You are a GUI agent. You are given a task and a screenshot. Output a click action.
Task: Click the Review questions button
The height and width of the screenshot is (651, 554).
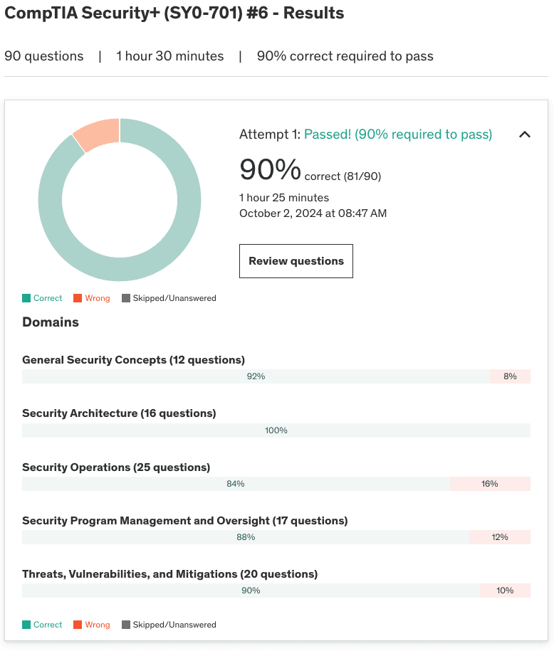tap(296, 261)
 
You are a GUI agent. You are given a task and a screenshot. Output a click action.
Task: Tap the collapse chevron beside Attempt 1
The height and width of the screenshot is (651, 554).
tap(525, 134)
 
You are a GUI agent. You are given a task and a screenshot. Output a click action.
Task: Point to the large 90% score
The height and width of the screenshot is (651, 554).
tap(271, 169)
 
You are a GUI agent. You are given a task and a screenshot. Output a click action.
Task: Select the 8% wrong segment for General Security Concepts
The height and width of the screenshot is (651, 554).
tap(510, 376)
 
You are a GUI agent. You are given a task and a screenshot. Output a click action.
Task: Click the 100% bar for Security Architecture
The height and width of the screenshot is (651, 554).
tap(276, 430)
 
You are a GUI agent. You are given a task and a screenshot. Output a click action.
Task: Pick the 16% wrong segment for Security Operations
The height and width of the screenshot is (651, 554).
tap(490, 484)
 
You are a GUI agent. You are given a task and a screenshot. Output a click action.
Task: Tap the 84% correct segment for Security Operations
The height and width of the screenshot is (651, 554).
tap(236, 484)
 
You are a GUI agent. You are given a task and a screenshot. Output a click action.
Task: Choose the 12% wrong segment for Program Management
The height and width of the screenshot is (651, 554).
tap(500, 537)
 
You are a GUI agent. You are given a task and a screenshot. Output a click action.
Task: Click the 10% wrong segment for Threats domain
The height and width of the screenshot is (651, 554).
tap(505, 591)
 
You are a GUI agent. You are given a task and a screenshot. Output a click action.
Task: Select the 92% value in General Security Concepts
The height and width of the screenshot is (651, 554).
tap(256, 376)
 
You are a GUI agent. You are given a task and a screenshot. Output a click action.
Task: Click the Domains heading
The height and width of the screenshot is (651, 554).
tap(51, 322)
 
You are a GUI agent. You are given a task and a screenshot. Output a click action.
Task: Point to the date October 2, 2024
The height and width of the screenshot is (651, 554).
tap(313, 213)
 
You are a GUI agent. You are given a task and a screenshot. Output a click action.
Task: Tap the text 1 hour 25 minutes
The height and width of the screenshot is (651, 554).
tap(284, 198)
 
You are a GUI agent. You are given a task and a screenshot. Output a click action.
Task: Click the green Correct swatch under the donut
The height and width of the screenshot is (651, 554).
tap(26, 298)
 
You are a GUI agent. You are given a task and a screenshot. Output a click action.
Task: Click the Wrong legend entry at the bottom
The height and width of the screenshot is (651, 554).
tap(92, 625)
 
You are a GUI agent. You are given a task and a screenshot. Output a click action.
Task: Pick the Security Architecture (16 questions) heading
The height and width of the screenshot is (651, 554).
tap(119, 413)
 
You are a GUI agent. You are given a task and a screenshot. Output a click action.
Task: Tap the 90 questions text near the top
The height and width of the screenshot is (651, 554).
tap(44, 56)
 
